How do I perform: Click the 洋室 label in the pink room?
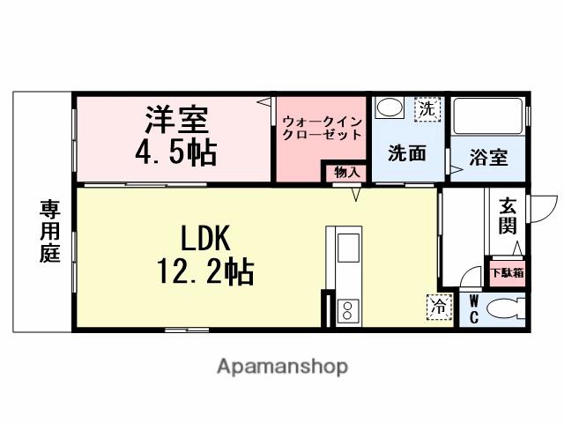click(x=175, y=120)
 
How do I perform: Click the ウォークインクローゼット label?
click(x=322, y=128)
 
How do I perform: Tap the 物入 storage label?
click(x=345, y=173)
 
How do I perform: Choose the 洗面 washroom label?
click(x=408, y=152)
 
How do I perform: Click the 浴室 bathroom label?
click(x=487, y=158)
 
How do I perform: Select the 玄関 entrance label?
click(x=508, y=216)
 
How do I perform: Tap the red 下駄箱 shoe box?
click(x=507, y=272)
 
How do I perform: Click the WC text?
click(x=473, y=308)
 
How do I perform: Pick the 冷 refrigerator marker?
click(x=438, y=306)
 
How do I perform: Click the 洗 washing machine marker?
click(x=427, y=109)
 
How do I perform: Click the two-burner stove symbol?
click(x=347, y=309)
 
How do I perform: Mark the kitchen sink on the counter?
click(x=345, y=248)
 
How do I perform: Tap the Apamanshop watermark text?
click(x=282, y=365)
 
